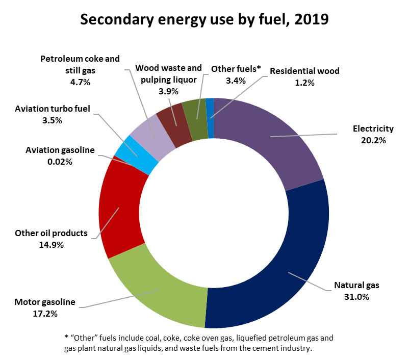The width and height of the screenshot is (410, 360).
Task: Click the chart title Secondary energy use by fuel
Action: [x=204, y=20]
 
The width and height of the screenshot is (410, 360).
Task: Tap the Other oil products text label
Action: [x=51, y=234]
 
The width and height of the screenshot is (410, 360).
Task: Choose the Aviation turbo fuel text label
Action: [x=53, y=109]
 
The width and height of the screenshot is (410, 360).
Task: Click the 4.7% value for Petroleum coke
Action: [x=80, y=81]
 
